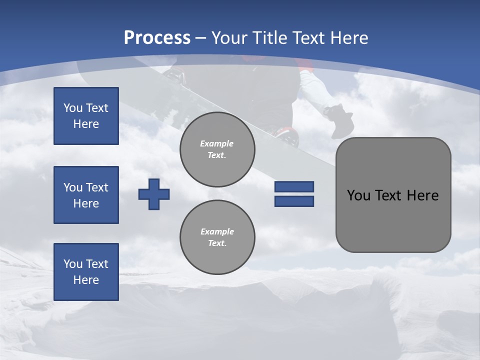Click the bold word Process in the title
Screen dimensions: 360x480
click(x=157, y=38)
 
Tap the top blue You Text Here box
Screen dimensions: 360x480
click(x=86, y=116)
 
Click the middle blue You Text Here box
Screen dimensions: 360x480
click(x=86, y=195)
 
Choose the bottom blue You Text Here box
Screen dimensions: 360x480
click(x=86, y=272)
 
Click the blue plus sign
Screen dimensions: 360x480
click(x=154, y=194)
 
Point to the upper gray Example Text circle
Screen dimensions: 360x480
click(x=217, y=149)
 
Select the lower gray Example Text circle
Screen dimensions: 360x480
click(x=217, y=237)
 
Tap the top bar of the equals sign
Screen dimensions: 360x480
click(x=294, y=186)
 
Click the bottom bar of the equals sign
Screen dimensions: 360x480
click(x=294, y=201)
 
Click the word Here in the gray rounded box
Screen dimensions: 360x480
click(x=422, y=195)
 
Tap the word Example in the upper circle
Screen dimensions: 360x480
click(x=217, y=143)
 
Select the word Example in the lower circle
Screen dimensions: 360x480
click(x=217, y=231)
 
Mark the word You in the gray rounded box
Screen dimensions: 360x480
click(x=358, y=195)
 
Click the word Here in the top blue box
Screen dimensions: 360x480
click(x=86, y=124)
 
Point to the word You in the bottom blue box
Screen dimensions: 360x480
click(x=72, y=264)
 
